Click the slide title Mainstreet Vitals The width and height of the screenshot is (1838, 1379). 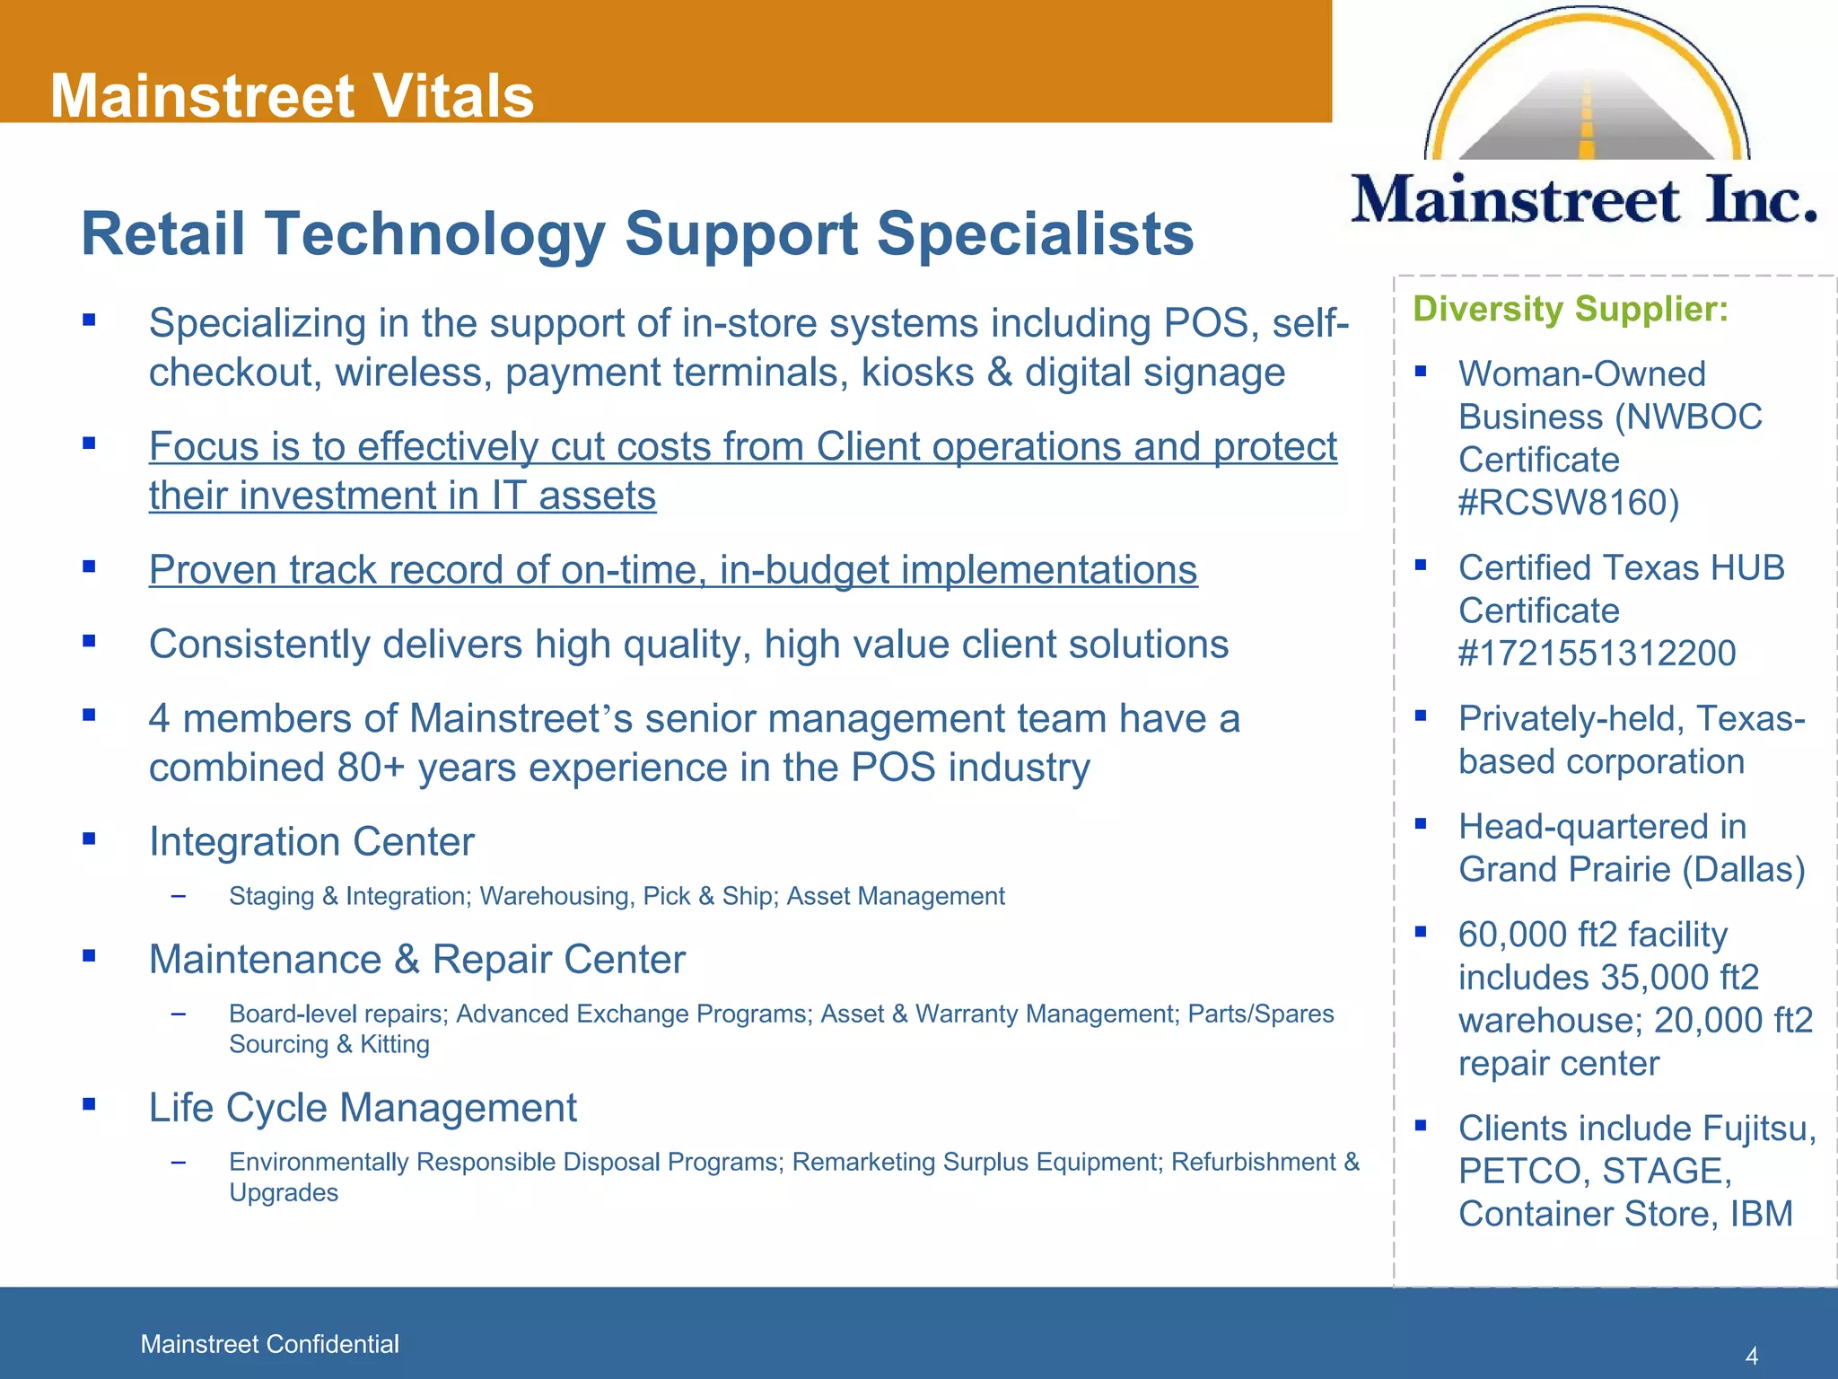292,95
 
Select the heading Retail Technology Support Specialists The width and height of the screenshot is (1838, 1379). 637,233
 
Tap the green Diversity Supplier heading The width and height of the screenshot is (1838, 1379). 1571,309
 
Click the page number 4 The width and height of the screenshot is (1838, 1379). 1751,1356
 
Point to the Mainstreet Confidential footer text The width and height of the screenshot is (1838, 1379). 269,1344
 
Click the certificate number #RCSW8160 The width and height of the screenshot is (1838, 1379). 1568,503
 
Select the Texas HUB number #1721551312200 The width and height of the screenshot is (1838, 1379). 1597,654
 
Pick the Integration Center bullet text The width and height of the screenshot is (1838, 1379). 311,842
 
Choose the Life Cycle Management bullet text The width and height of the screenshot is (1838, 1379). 363,1108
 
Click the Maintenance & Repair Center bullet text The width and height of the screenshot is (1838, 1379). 416,960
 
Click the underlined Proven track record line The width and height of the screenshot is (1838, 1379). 673,570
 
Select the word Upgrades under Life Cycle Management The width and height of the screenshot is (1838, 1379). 284,1193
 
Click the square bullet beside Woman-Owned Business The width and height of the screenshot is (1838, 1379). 1421,371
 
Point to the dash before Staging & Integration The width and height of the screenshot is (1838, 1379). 179,896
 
